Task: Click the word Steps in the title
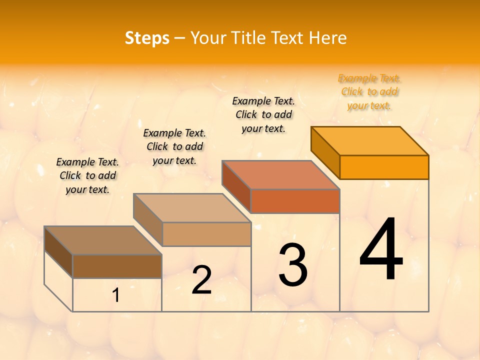(147, 38)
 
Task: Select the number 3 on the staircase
(292, 264)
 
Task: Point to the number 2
(201, 280)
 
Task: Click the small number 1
(116, 295)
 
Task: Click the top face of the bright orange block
(370, 140)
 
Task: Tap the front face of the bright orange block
(384, 167)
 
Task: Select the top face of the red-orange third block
(281, 174)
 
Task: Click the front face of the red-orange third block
(295, 201)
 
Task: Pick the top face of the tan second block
(192, 207)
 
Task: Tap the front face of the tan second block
(206, 234)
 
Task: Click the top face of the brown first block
(103, 240)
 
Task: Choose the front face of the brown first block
(117, 266)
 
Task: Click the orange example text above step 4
(369, 91)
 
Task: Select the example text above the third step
(263, 114)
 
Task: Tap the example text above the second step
(174, 146)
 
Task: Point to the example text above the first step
(87, 175)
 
